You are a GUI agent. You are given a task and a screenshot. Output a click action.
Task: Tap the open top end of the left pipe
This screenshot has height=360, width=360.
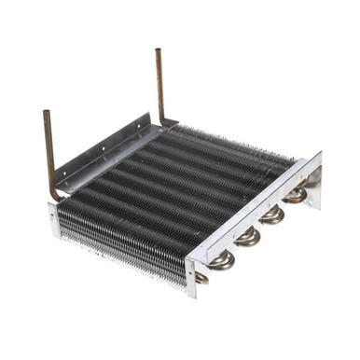tap(46, 114)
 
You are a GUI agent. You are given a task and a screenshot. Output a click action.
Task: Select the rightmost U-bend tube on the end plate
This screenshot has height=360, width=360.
tap(297, 195)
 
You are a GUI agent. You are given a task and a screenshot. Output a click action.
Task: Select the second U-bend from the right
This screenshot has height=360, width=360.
tap(272, 215)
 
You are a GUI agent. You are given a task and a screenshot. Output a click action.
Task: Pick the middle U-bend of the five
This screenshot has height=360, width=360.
tap(248, 237)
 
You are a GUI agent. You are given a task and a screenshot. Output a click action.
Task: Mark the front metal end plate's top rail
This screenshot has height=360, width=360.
tap(252, 211)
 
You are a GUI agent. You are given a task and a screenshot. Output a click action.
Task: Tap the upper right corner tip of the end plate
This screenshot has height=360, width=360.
tap(320, 153)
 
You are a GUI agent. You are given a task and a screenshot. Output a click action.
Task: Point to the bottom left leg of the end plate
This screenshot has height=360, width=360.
tap(191, 280)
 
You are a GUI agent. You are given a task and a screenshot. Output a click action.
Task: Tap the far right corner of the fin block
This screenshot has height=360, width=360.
tap(297, 160)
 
